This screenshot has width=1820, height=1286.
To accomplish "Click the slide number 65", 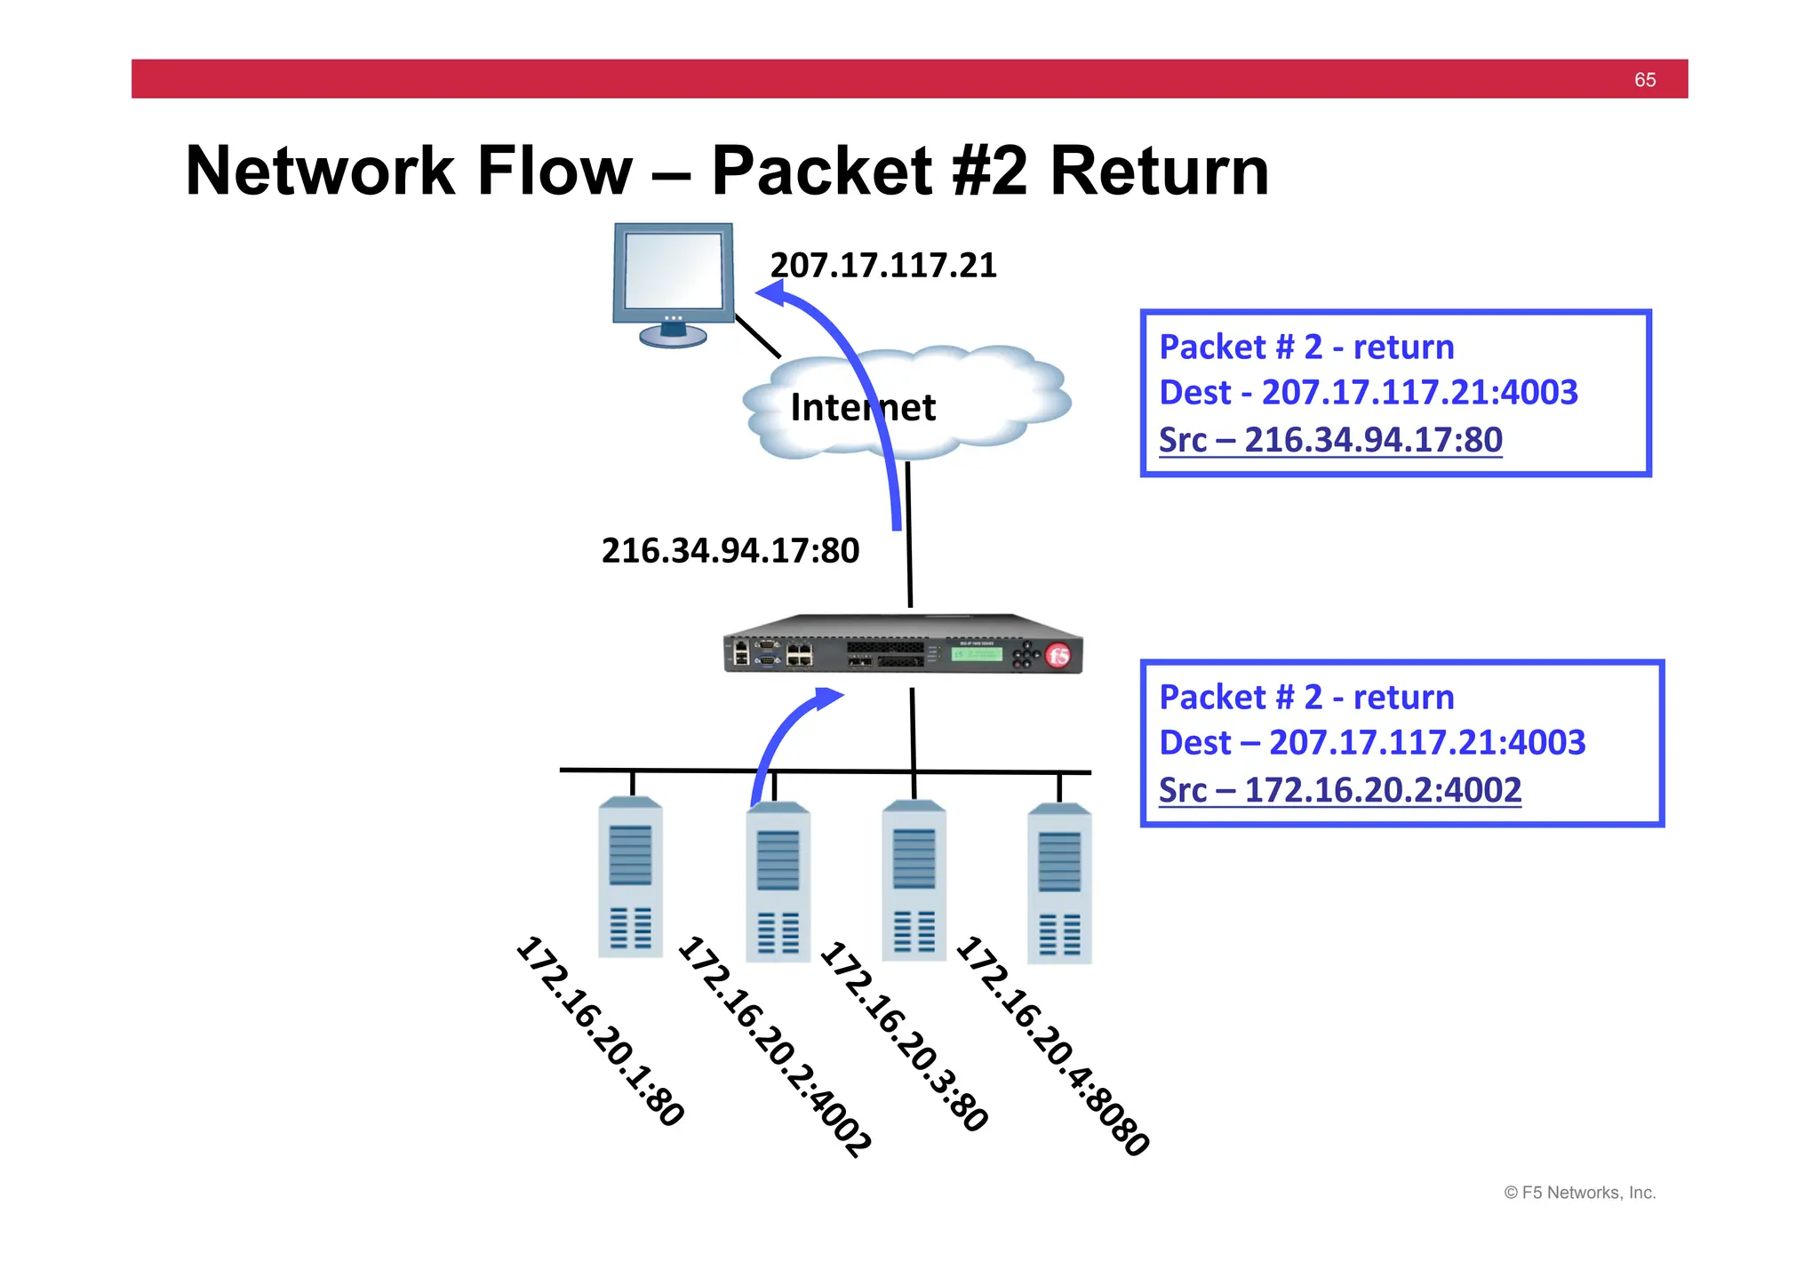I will (1644, 80).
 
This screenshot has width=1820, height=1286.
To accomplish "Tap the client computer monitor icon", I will (674, 281).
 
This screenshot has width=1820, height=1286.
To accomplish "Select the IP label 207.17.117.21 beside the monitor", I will (883, 266).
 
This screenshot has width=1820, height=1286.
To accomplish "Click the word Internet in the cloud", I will (862, 408).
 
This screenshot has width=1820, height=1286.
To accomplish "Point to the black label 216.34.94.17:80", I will (730, 551).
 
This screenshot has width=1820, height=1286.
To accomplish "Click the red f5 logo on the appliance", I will (1058, 656).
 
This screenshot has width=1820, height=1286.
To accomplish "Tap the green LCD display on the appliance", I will (976, 654).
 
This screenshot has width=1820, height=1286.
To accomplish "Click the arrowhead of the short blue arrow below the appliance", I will (830, 698).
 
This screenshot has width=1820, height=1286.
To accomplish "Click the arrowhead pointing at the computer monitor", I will (771, 293).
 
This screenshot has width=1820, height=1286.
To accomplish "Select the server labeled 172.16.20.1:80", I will (630, 878).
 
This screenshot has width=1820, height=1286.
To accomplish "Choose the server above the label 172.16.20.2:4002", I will (778, 883).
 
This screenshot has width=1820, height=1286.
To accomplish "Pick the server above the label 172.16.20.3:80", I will (914, 881).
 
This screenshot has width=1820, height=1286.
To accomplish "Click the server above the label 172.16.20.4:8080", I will (1059, 884).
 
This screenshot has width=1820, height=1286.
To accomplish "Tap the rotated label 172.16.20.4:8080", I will (1053, 1045).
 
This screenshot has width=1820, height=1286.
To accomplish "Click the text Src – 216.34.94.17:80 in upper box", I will (1330, 440).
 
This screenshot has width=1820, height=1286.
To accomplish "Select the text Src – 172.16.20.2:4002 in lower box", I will (1339, 790).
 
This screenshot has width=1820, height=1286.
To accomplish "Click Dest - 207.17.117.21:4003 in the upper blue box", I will (1369, 393).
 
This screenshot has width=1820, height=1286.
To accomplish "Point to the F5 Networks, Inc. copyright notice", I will (1579, 1193).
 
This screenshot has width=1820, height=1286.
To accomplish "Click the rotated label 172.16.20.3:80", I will (904, 1036).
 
